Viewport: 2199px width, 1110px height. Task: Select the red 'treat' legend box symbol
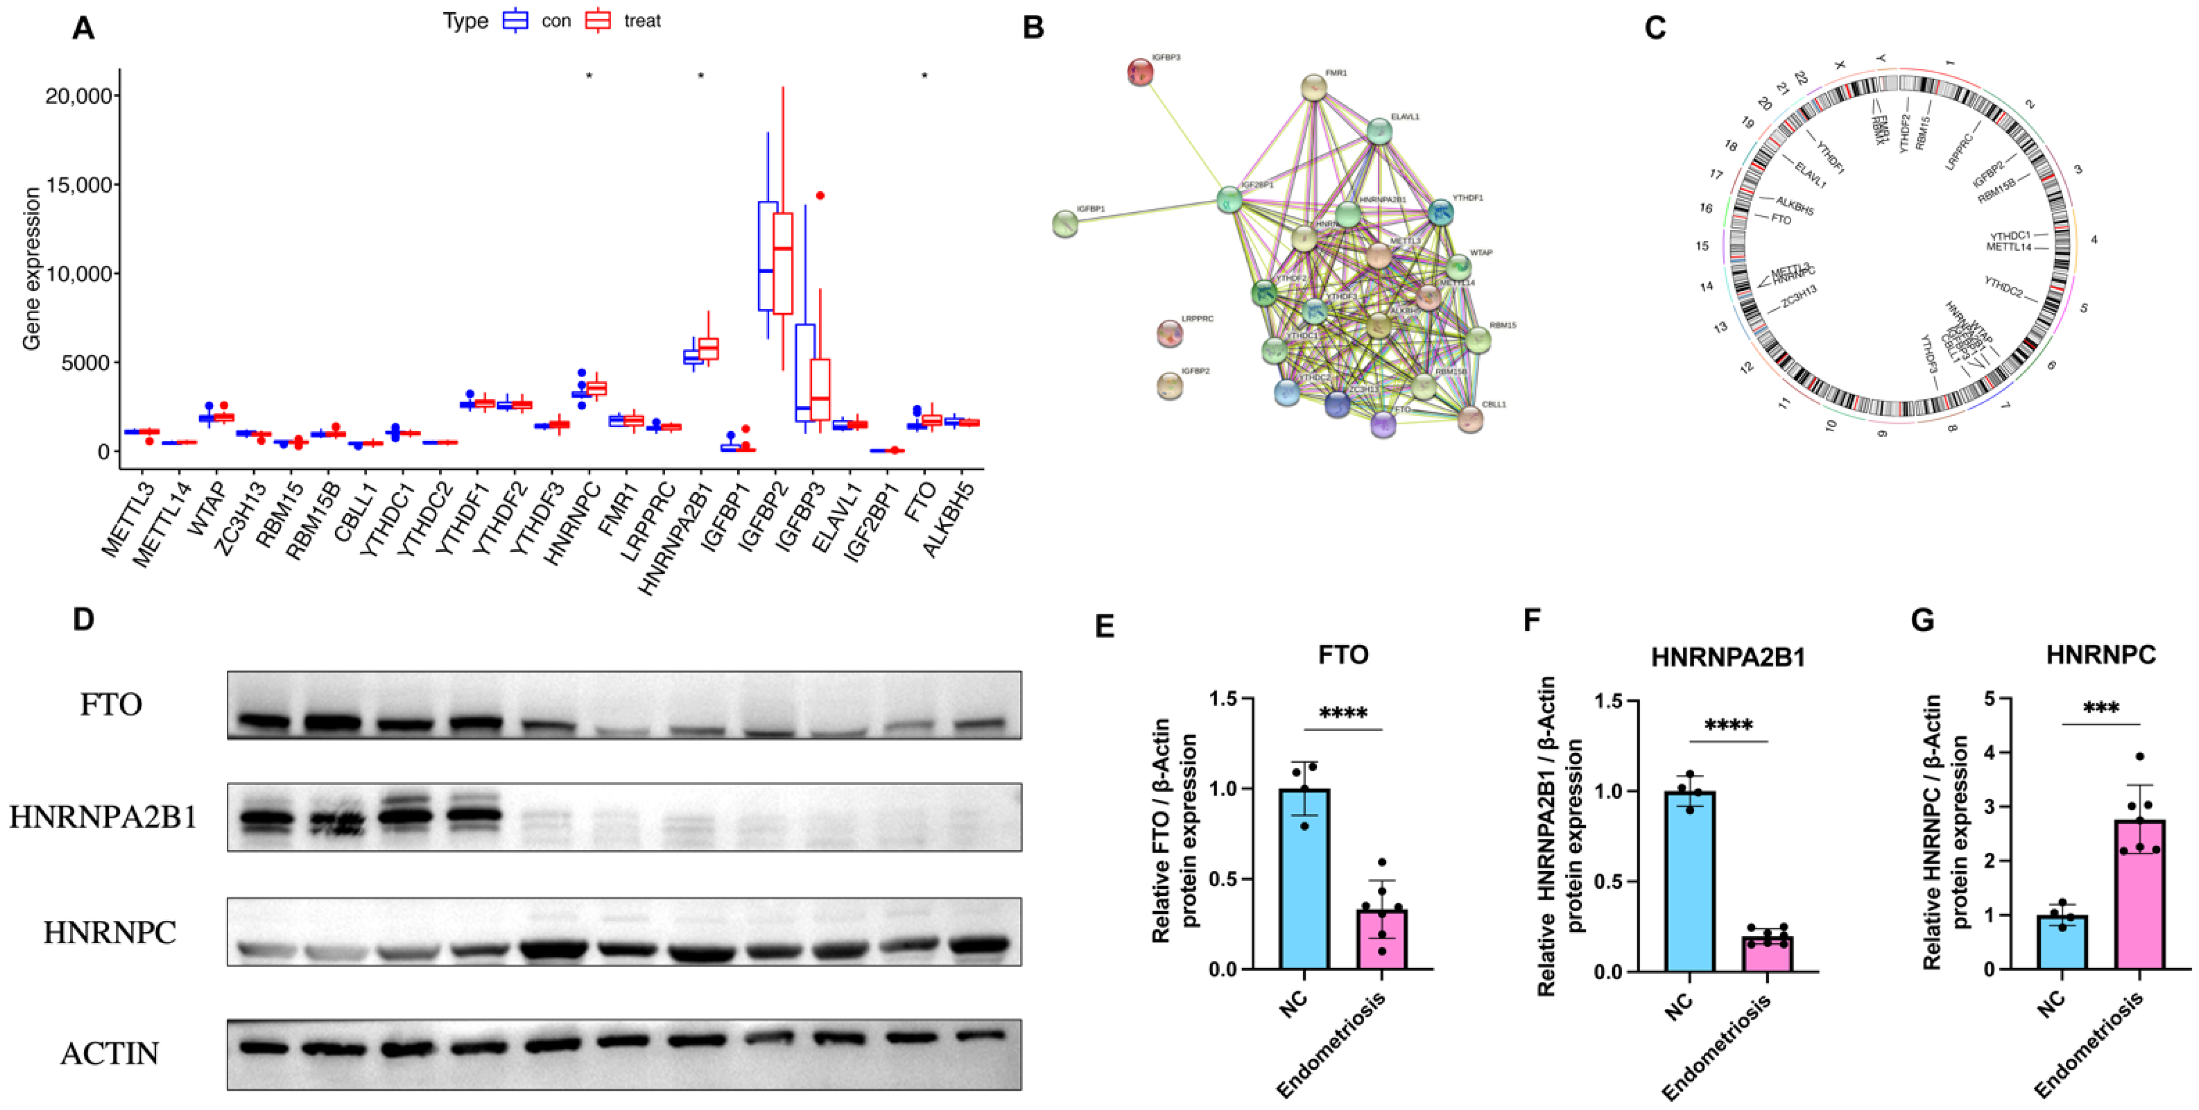599,20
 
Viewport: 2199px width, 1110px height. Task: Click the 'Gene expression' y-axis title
32,269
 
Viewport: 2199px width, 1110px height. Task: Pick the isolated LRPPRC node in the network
1169,333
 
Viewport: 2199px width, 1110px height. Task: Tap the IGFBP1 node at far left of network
1065,224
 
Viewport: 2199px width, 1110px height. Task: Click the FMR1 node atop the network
1314,87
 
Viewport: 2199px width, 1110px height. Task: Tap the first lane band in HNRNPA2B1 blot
264,819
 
